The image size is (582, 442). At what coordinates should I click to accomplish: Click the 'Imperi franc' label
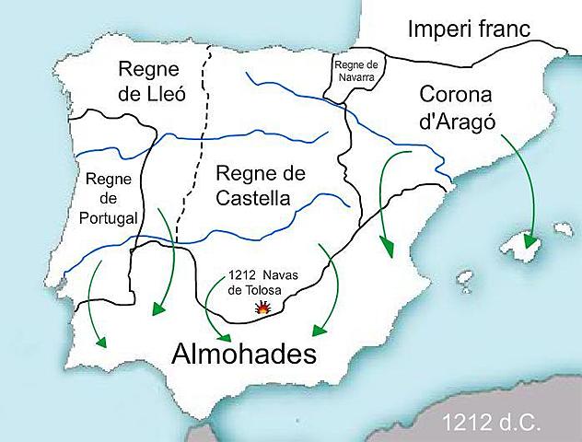point(469,28)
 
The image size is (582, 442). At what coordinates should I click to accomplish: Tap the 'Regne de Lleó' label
point(156,84)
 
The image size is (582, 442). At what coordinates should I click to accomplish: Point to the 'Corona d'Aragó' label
point(457,109)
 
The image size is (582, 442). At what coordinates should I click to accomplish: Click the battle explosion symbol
point(262,310)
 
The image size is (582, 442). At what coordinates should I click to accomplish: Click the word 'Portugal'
point(109,219)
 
